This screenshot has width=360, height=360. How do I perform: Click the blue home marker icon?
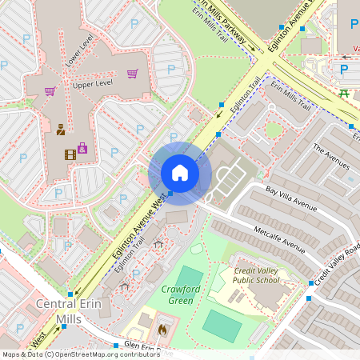click(180, 173)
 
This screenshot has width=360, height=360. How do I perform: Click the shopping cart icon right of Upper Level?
click(132, 74)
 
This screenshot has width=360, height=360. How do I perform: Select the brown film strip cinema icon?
click(70, 148)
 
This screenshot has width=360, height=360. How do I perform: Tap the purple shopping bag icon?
click(82, 148)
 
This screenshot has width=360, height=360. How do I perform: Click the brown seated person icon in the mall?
click(61, 128)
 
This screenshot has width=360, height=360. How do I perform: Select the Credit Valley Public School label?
click(256, 276)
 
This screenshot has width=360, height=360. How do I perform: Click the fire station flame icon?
click(162, 327)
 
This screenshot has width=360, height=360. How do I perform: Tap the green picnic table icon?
click(343, 94)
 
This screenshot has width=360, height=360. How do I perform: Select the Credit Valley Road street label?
click(336, 265)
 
